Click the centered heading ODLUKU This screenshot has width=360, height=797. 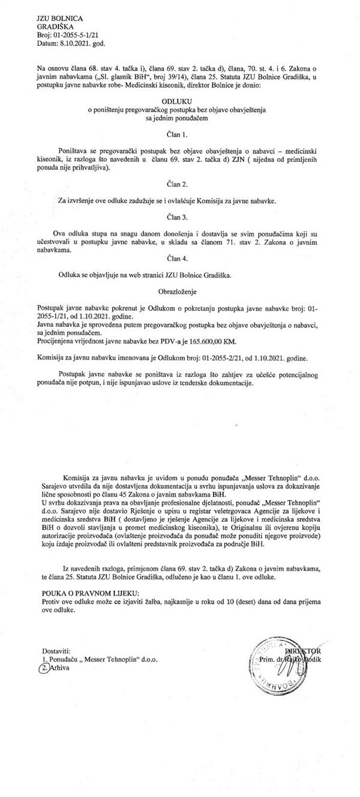coord(179,101)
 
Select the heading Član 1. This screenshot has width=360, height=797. coord(179,136)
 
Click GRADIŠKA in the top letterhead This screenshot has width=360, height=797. coord(57,28)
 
